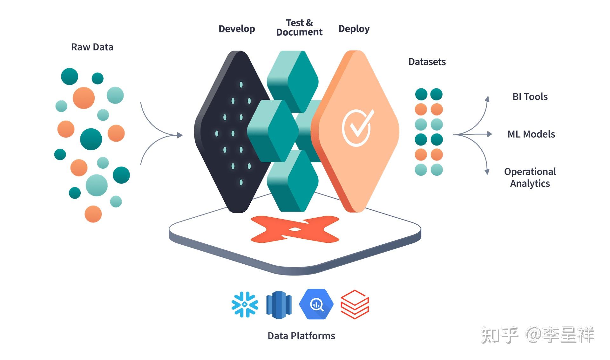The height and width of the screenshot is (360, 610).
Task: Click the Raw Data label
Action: pyautogui.click(x=92, y=47)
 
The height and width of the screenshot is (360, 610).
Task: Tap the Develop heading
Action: pyautogui.click(x=237, y=29)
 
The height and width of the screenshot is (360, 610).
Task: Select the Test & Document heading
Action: pyautogui.click(x=299, y=27)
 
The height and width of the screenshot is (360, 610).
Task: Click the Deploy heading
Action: pyautogui.click(x=354, y=29)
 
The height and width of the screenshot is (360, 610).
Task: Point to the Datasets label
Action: pyautogui.click(x=427, y=62)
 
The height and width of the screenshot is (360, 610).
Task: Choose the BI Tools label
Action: pyautogui.click(x=530, y=97)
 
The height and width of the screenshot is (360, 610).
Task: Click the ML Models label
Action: pyautogui.click(x=531, y=134)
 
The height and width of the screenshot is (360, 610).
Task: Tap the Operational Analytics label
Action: pyautogui.click(x=530, y=177)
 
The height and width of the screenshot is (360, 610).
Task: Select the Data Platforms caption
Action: pyautogui.click(x=301, y=336)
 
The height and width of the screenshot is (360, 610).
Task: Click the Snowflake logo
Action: pyautogui.click(x=245, y=304)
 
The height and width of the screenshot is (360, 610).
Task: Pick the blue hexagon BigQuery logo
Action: pyautogui.click(x=316, y=304)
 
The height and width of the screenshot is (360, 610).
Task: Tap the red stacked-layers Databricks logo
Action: pyautogui.click(x=355, y=304)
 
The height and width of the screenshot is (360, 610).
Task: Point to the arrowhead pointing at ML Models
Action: pyautogui.click(x=490, y=134)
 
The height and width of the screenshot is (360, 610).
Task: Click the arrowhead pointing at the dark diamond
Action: pyautogui.click(x=180, y=135)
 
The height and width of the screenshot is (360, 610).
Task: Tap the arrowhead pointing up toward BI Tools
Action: pyautogui.click(x=487, y=98)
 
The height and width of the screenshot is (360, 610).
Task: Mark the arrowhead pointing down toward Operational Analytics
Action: pyautogui.click(x=487, y=172)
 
